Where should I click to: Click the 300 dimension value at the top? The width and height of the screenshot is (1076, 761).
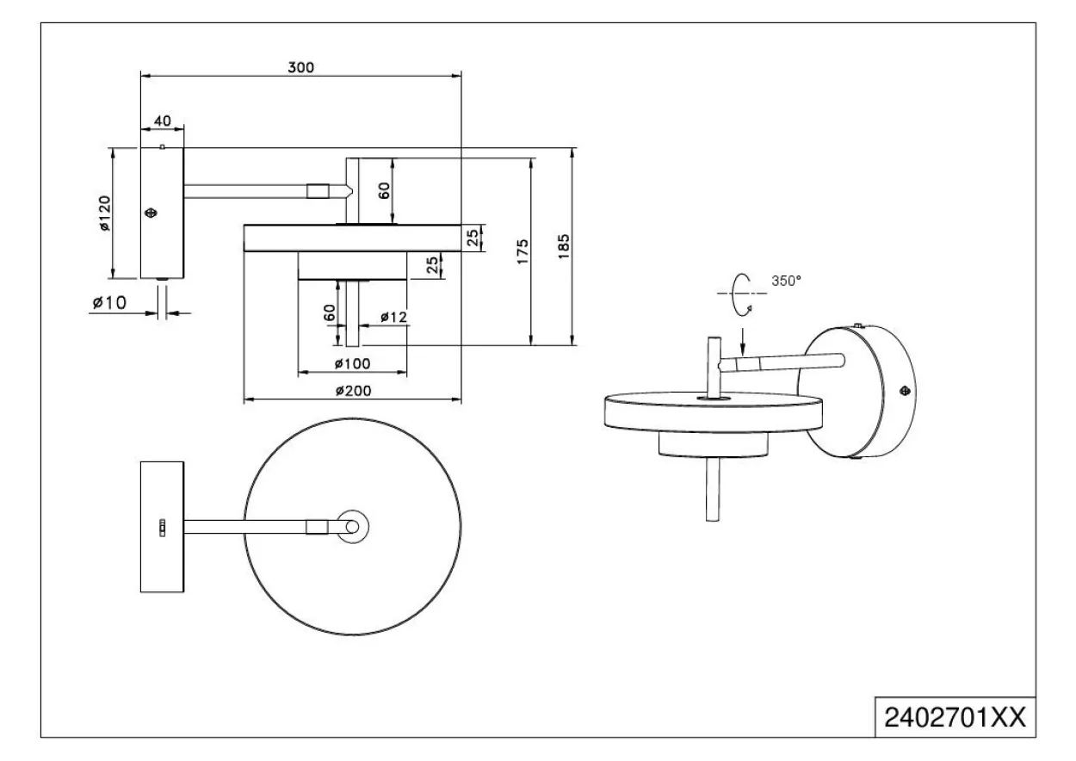(300, 67)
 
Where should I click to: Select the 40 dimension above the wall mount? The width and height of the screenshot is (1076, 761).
(163, 121)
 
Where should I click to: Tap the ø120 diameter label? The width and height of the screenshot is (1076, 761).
(105, 213)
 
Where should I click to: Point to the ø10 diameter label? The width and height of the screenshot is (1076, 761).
(109, 303)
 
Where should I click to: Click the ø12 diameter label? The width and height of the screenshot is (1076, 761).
(393, 317)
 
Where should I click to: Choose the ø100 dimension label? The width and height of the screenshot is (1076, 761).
(353, 363)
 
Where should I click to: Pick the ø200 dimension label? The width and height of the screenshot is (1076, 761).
(353, 391)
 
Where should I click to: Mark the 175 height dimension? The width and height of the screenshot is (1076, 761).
(523, 251)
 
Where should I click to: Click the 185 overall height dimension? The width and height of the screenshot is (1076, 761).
(564, 246)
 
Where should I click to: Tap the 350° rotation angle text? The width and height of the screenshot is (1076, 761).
(787, 281)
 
